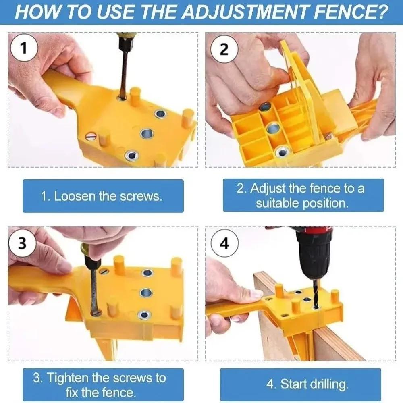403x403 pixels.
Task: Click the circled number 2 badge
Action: tap(224, 50)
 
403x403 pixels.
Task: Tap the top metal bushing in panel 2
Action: tap(265, 106)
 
